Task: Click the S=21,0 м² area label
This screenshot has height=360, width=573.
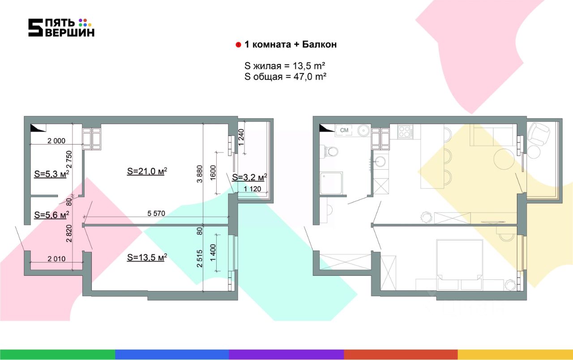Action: point(147,171)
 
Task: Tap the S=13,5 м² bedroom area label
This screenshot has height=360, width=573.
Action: point(147,257)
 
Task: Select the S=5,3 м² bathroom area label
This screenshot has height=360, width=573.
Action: point(51,174)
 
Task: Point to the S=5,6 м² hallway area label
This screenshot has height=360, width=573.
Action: point(51,214)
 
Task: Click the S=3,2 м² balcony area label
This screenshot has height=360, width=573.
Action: point(249,177)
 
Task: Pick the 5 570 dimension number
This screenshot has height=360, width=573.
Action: point(156,214)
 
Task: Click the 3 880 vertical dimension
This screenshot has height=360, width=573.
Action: point(200,174)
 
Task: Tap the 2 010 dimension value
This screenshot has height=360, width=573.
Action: point(56,259)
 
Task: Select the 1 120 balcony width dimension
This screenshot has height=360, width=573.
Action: point(252,189)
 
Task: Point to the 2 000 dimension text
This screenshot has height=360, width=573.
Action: point(56,141)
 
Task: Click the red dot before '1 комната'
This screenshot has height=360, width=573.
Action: point(238,45)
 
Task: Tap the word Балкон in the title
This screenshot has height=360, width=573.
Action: point(319,44)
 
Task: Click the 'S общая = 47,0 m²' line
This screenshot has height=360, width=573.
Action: point(285,77)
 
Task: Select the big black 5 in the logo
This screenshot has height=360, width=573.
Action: point(35,27)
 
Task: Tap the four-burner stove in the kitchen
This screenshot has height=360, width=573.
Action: point(405,132)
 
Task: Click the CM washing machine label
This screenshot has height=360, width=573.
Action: point(344,130)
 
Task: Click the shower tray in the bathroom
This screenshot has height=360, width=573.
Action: point(332,183)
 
